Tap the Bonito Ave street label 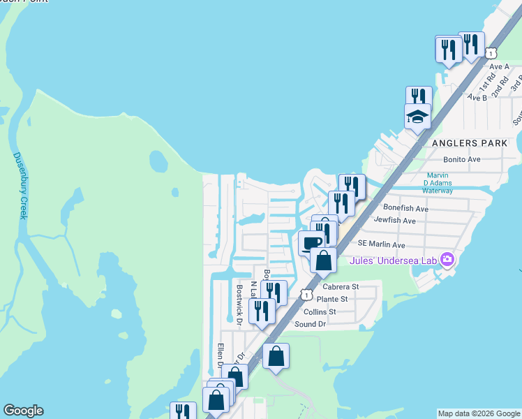[x=455, y=159]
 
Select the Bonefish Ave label [x=406, y=208]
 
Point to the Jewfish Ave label [x=395, y=221]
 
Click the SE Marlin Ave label [x=381, y=245]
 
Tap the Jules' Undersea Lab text [x=392, y=261]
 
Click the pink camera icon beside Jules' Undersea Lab [x=447, y=260]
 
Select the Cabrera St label [x=341, y=286]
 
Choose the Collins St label [x=319, y=311]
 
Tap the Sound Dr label [x=311, y=324]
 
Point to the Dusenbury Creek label [x=20, y=185]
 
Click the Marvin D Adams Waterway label [x=438, y=183]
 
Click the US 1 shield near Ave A [x=492, y=53]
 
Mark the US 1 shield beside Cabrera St [x=305, y=294]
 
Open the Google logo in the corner [x=23, y=411]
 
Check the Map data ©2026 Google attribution [x=479, y=413]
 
